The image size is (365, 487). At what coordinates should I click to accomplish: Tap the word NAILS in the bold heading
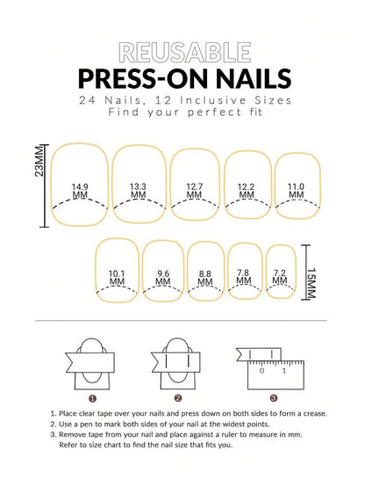[x=250, y=79]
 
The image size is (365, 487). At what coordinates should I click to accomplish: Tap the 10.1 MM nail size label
[x=117, y=278]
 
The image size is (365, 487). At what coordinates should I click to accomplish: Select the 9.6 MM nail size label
[x=162, y=278]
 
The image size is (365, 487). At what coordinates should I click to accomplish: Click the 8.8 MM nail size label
[x=204, y=278]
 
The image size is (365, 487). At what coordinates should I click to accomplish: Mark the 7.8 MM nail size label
[x=243, y=278]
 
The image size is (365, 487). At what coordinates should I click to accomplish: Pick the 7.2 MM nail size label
[x=280, y=278]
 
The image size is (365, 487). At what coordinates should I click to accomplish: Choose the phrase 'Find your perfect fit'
[x=182, y=116]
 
